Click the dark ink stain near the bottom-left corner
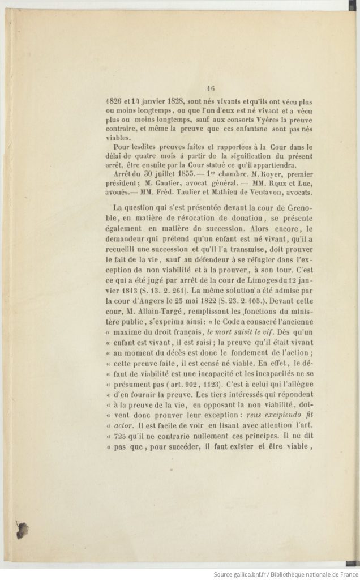23,530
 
